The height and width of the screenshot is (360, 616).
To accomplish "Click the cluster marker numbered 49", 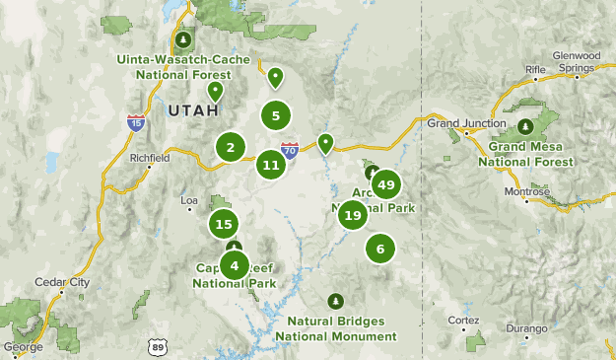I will point(386,184).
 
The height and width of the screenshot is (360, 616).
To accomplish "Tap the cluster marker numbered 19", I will point(353,215).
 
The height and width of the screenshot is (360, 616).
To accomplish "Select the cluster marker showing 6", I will point(380,249).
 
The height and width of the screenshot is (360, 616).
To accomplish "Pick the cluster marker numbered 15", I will point(223,224).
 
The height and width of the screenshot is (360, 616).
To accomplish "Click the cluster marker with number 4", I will point(235,264).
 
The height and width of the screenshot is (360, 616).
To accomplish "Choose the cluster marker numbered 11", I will point(271,165).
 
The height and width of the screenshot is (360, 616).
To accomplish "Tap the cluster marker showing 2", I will point(231,149).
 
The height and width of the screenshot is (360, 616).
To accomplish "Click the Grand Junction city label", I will point(457,123).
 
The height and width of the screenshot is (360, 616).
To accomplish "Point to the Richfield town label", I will point(150,157).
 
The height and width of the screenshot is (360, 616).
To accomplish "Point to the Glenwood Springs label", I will point(577,62).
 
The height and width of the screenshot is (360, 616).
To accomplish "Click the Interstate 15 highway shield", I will point(136,122).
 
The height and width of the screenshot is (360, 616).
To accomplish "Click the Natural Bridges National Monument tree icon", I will point(335,302).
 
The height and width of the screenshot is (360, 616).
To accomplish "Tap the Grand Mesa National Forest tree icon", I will point(526,126).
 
